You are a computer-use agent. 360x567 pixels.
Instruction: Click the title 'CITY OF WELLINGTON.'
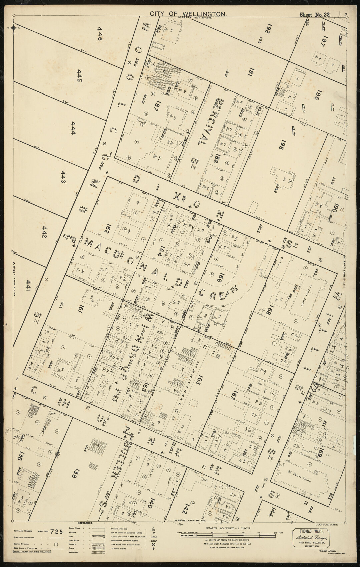click(x=189, y=14)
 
